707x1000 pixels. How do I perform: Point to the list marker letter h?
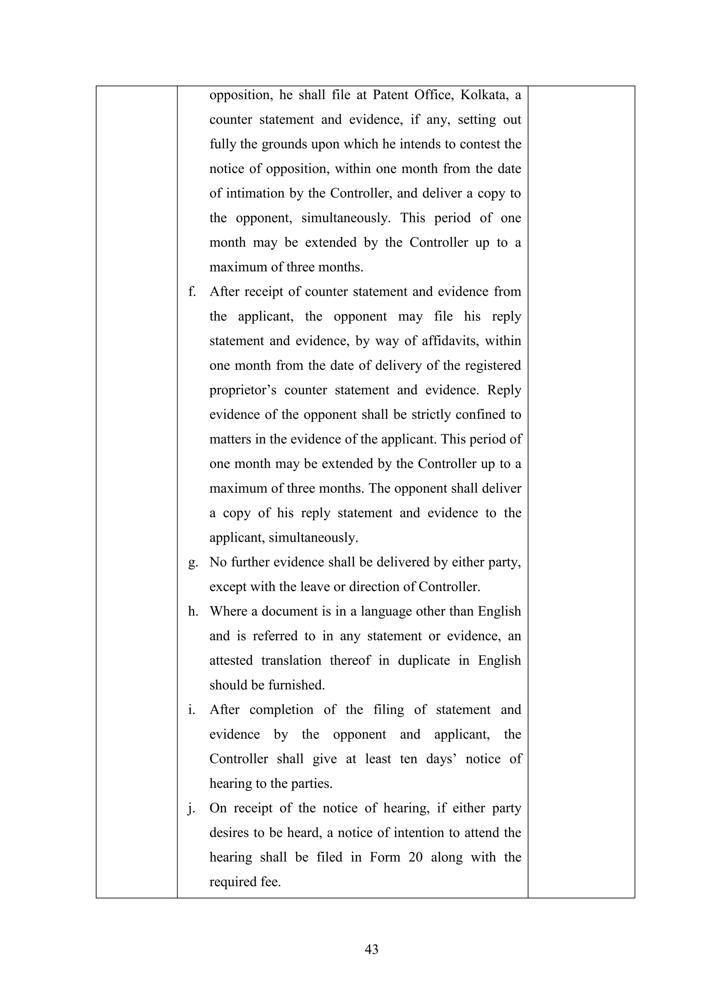click(x=193, y=611)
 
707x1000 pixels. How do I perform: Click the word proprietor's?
click(x=242, y=390)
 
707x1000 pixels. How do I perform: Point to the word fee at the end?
click(x=271, y=882)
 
